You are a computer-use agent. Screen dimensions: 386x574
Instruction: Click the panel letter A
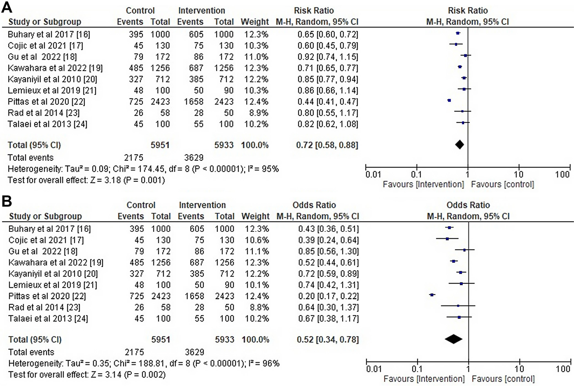tap(7, 7)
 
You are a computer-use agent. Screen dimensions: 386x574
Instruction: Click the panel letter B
tap(7, 202)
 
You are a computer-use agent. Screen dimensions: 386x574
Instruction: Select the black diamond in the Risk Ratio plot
tap(459, 144)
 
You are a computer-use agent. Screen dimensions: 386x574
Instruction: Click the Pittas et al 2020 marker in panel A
tap(449, 101)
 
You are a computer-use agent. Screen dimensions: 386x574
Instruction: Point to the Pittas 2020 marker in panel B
tap(432, 295)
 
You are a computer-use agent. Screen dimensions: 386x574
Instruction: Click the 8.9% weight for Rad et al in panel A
tap(256, 113)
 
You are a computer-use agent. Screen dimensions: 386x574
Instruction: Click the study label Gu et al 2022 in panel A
tap(42, 57)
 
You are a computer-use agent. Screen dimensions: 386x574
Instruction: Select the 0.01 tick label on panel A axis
tap(373, 175)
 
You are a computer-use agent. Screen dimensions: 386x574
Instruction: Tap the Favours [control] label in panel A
tap(502, 184)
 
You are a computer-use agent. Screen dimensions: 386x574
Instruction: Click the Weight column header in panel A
tap(255, 22)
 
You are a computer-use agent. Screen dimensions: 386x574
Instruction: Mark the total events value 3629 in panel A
tap(194, 157)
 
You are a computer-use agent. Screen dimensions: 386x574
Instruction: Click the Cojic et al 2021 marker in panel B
tap(447, 238)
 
